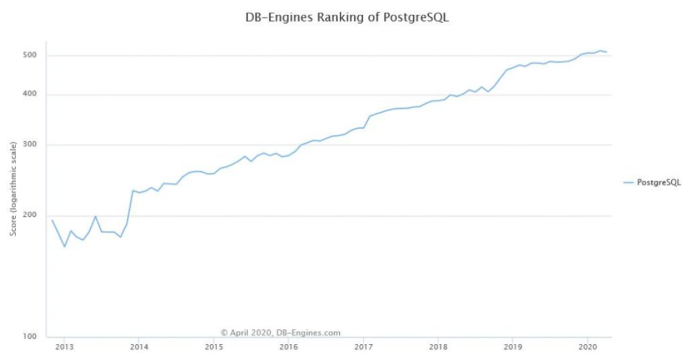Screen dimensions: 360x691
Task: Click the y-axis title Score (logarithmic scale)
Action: point(13,192)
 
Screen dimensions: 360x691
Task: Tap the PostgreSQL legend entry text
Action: point(659,182)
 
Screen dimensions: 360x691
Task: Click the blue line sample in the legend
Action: point(628,182)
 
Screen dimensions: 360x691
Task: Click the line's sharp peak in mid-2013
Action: point(95,216)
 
